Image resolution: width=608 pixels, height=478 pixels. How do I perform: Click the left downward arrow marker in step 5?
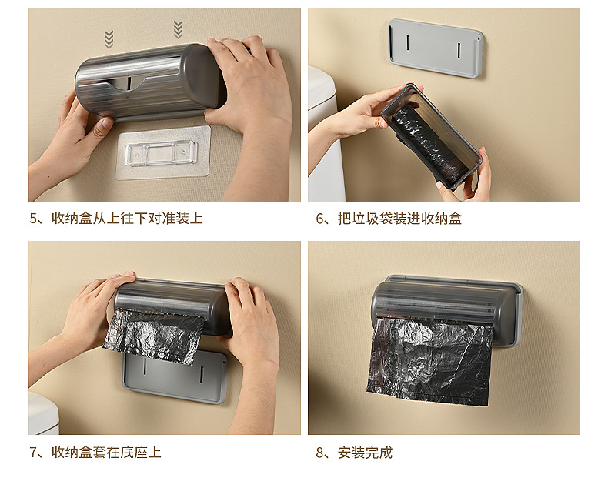[109, 39]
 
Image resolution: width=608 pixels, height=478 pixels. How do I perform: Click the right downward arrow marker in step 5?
[178, 30]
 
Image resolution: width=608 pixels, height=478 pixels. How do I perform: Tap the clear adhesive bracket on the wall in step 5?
[163, 152]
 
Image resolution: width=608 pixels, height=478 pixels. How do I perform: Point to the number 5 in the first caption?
[33, 219]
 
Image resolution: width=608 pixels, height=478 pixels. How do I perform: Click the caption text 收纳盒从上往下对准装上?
[127, 219]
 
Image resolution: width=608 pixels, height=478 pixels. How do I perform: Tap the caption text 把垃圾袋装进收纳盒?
[399, 219]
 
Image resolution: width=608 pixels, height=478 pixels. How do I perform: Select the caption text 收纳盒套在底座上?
[106, 452]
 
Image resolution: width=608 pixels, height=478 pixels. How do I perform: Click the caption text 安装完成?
[366, 452]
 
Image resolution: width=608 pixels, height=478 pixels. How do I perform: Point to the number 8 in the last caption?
[319, 452]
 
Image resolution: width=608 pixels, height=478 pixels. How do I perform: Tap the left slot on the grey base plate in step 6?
[408, 42]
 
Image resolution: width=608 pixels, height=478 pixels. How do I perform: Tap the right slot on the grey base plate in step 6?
[459, 49]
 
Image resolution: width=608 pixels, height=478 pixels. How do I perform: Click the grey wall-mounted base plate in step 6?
[436, 48]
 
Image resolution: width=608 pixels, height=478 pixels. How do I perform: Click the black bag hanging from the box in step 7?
[154, 336]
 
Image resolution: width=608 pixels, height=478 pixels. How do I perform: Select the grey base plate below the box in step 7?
[175, 377]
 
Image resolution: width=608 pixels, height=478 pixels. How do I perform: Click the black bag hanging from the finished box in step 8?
[429, 359]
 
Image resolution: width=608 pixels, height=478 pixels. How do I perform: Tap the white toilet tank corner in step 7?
[43, 413]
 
